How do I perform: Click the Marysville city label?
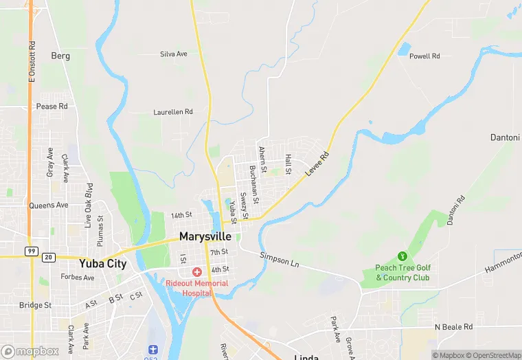(206, 236)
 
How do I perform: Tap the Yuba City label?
(103, 263)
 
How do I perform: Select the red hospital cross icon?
(197, 272)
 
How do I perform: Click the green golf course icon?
(402, 256)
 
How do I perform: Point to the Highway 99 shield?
(32, 251)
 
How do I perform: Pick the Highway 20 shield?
(49, 257)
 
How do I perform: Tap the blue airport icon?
(152, 350)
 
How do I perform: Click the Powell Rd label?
(424, 56)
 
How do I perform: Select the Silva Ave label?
(174, 54)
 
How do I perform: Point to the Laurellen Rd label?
(173, 111)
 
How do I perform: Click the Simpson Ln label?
(280, 259)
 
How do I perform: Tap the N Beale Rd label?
(454, 327)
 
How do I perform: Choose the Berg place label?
(60, 55)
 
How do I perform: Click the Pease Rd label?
(52, 106)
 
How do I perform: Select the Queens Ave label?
(48, 205)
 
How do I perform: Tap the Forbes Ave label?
(77, 278)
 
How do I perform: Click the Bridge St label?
(35, 305)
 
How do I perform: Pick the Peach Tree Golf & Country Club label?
(402, 273)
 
